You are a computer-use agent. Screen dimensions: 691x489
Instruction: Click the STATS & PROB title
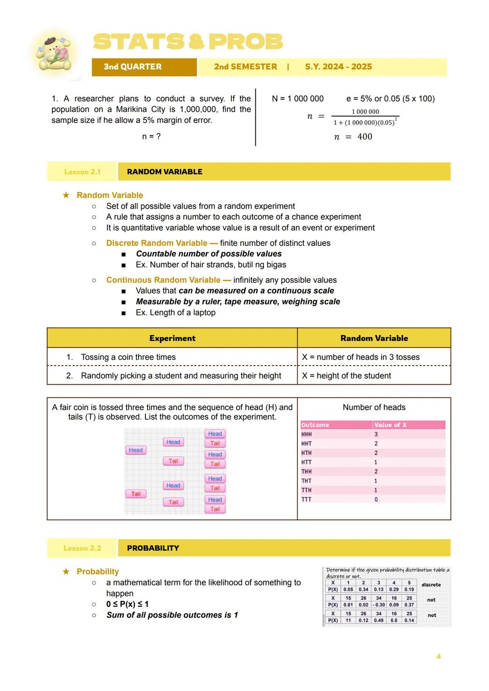(x=188, y=42)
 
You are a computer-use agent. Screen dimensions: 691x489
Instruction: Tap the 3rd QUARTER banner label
(x=132, y=67)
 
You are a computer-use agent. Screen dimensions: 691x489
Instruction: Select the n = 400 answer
(x=353, y=137)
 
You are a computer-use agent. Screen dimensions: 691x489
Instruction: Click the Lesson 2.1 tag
(x=82, y=172)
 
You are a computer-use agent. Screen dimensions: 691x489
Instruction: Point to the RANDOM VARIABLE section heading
(x=164, y=172)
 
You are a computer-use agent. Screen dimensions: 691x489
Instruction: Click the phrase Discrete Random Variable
(x=157, y=243)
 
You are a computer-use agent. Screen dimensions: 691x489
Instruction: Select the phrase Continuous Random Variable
(x=163, y=280)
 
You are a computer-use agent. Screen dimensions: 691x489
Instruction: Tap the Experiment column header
(x=172, y=338)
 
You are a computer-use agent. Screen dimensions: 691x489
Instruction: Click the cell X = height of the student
(x=346, y=376)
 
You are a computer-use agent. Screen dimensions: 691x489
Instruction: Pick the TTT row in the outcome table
(x=307, y=499)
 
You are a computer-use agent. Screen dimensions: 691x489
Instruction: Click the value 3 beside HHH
(x=376, y=434)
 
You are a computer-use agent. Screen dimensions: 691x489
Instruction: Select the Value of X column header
(x=390, y=425)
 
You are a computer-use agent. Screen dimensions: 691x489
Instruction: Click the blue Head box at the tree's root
(x=135, y=450)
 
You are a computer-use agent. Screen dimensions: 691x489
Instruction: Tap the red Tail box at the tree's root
(x=135, y=494)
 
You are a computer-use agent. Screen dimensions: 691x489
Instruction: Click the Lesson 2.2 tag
(x=82, y=548)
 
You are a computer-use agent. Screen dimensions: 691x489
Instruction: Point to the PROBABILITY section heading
(x=153, y=548)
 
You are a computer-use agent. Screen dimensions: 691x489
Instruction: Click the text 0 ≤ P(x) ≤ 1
(x=127, y=604)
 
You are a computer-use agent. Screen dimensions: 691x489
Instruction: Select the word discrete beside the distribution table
(x=431, y=585)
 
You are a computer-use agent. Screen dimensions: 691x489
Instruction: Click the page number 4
(x=438, y=657)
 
